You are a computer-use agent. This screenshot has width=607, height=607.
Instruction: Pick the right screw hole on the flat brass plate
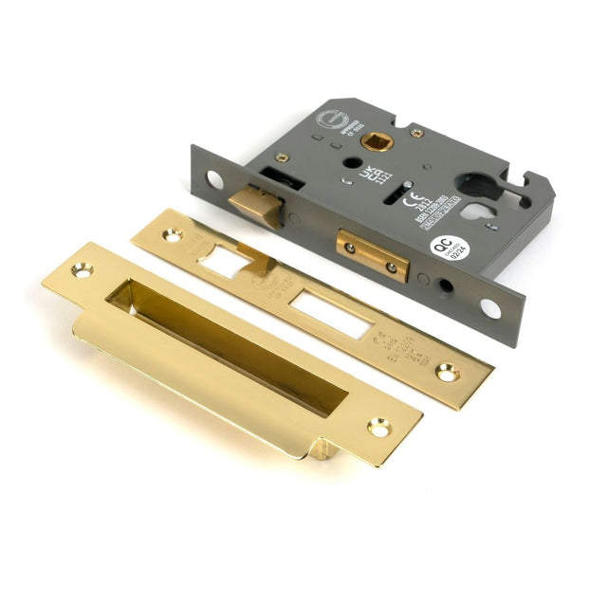tap(446, 374)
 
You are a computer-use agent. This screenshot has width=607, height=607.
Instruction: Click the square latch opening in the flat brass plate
tap(225, 260)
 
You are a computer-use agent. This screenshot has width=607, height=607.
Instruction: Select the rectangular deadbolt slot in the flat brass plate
tap(327, 316)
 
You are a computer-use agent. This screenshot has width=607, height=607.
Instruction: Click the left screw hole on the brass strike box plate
tap(81, 271)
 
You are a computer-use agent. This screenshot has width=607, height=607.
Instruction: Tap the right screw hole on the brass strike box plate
tap(379, 428)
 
